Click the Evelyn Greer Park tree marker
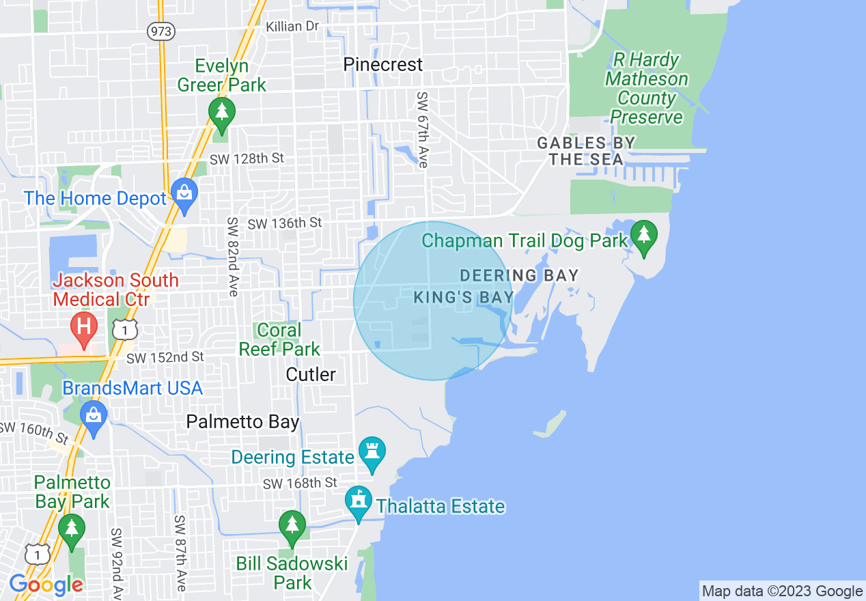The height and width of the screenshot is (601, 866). click(221, 112)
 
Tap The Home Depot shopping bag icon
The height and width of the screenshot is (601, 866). click(184, 194)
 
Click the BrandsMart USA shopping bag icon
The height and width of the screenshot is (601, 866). click(94, 416)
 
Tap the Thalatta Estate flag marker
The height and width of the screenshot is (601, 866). click(357, 502)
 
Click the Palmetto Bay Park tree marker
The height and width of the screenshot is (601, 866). click(71, 531)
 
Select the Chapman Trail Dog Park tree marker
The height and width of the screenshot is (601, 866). click(643, 236)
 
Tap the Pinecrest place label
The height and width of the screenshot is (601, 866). click(383, 65)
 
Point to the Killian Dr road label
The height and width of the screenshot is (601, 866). click(293, 26)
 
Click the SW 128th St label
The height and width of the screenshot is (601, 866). click(247, 158)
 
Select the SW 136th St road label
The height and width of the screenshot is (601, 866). click(284, 223)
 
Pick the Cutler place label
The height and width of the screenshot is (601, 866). click(311, 374)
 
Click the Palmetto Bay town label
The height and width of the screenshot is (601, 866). click(242, 422)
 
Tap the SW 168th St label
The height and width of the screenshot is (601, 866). click(301, 484)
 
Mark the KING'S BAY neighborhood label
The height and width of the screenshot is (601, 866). click(464, 298)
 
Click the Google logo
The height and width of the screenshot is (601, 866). click(46, 585)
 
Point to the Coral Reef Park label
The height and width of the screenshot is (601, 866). click(279, 339)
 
